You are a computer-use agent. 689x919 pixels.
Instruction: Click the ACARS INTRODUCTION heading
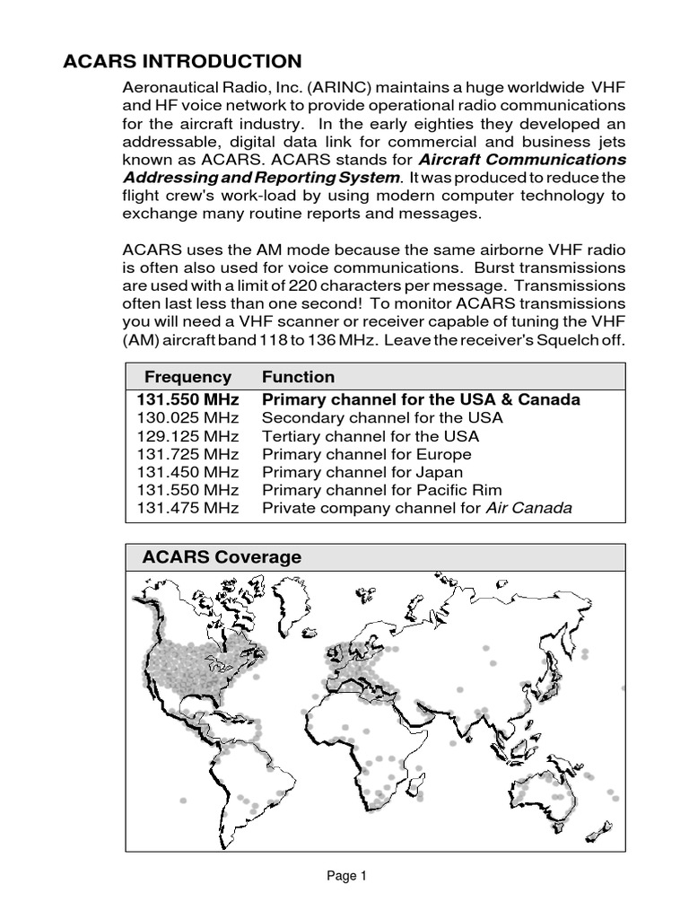(182, 61)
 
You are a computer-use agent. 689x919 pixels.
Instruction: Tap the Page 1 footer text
(346, 876)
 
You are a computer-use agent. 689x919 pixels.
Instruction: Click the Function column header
(298, 377)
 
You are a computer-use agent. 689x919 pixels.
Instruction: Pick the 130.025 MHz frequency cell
(188, 418)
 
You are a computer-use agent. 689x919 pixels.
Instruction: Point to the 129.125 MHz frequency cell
(188, 436)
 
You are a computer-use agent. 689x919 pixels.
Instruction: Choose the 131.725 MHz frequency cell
(188, 454)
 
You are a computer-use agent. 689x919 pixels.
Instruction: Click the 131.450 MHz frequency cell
(188, 472)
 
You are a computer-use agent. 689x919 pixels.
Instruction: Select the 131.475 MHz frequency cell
(188, 508)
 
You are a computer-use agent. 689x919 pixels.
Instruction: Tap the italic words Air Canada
(528, 508)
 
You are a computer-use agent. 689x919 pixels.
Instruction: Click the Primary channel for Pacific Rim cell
(381, 490)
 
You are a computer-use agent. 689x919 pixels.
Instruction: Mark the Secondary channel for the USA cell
(382, 418)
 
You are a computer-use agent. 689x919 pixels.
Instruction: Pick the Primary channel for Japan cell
(362, 472)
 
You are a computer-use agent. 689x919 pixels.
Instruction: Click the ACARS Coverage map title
(222, 557)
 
